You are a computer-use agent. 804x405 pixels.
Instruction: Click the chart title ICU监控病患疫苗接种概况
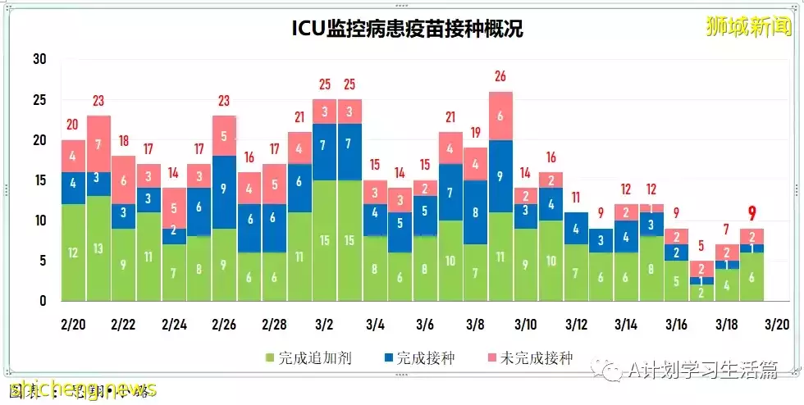tap(407, 29)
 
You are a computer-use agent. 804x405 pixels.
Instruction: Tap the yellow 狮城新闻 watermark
tap(751, 25)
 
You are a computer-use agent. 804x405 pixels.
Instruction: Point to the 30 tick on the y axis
tap(39, 59)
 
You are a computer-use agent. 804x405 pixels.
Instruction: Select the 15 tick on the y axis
tap(39, 180)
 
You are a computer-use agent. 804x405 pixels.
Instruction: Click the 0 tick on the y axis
tap(43, 301)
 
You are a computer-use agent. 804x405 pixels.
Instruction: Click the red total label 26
tap(500, 77)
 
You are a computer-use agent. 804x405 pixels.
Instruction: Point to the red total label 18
tap(123, 140)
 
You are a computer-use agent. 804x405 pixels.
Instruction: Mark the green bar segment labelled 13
tap(98, 248)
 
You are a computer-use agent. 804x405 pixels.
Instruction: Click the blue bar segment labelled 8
tap(475, 212)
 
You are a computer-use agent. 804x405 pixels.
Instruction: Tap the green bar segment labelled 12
tap(73, 253)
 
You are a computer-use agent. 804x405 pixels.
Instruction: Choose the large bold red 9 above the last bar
tap(751, 215)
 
